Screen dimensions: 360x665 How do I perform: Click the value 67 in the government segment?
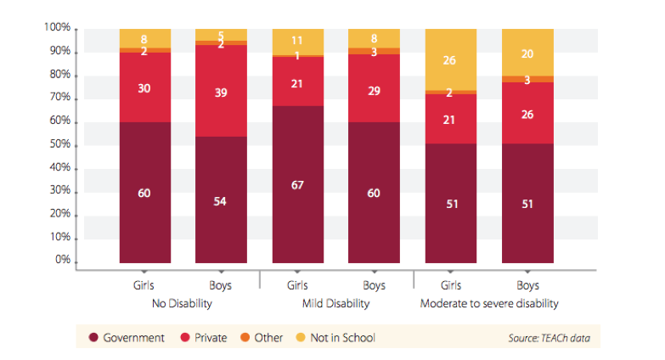tap(297, 185)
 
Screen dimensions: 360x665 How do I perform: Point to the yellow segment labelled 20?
tap(527, 53)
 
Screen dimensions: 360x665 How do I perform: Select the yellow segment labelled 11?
tap(297, 42)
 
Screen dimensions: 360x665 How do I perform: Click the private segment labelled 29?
tap(375, 90)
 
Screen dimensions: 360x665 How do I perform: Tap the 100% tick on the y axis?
tap(57, 29)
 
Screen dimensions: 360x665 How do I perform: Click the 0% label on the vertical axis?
tap(62, 261)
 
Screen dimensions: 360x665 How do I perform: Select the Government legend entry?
tap(127, 337)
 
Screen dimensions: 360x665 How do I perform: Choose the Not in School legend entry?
tap(338, 337)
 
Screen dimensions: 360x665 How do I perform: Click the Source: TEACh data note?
tap(547, 338)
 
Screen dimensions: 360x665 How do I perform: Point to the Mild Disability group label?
tap(335, 302)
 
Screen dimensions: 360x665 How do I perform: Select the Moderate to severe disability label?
tap(489, 302)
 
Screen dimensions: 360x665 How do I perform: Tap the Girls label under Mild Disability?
tap(297, 286)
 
